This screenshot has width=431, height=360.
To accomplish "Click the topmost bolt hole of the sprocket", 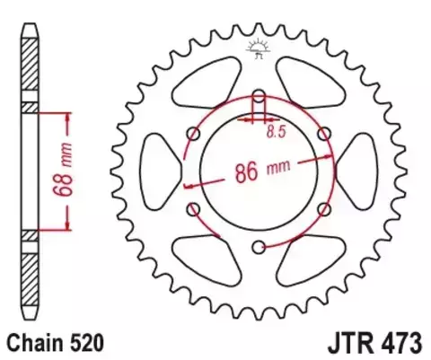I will pyautogui.click(x=259, y=94).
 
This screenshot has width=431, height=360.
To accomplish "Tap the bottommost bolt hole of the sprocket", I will pyautogui.click(x=259, y=247).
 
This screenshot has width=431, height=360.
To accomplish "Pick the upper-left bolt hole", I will pyautogui.click(x=193, y=133).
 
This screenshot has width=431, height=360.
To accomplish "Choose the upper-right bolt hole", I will pyautogui.click(x=324, y=133).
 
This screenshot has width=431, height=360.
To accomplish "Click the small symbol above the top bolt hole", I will pyautogui.click(x=259, y=49).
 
